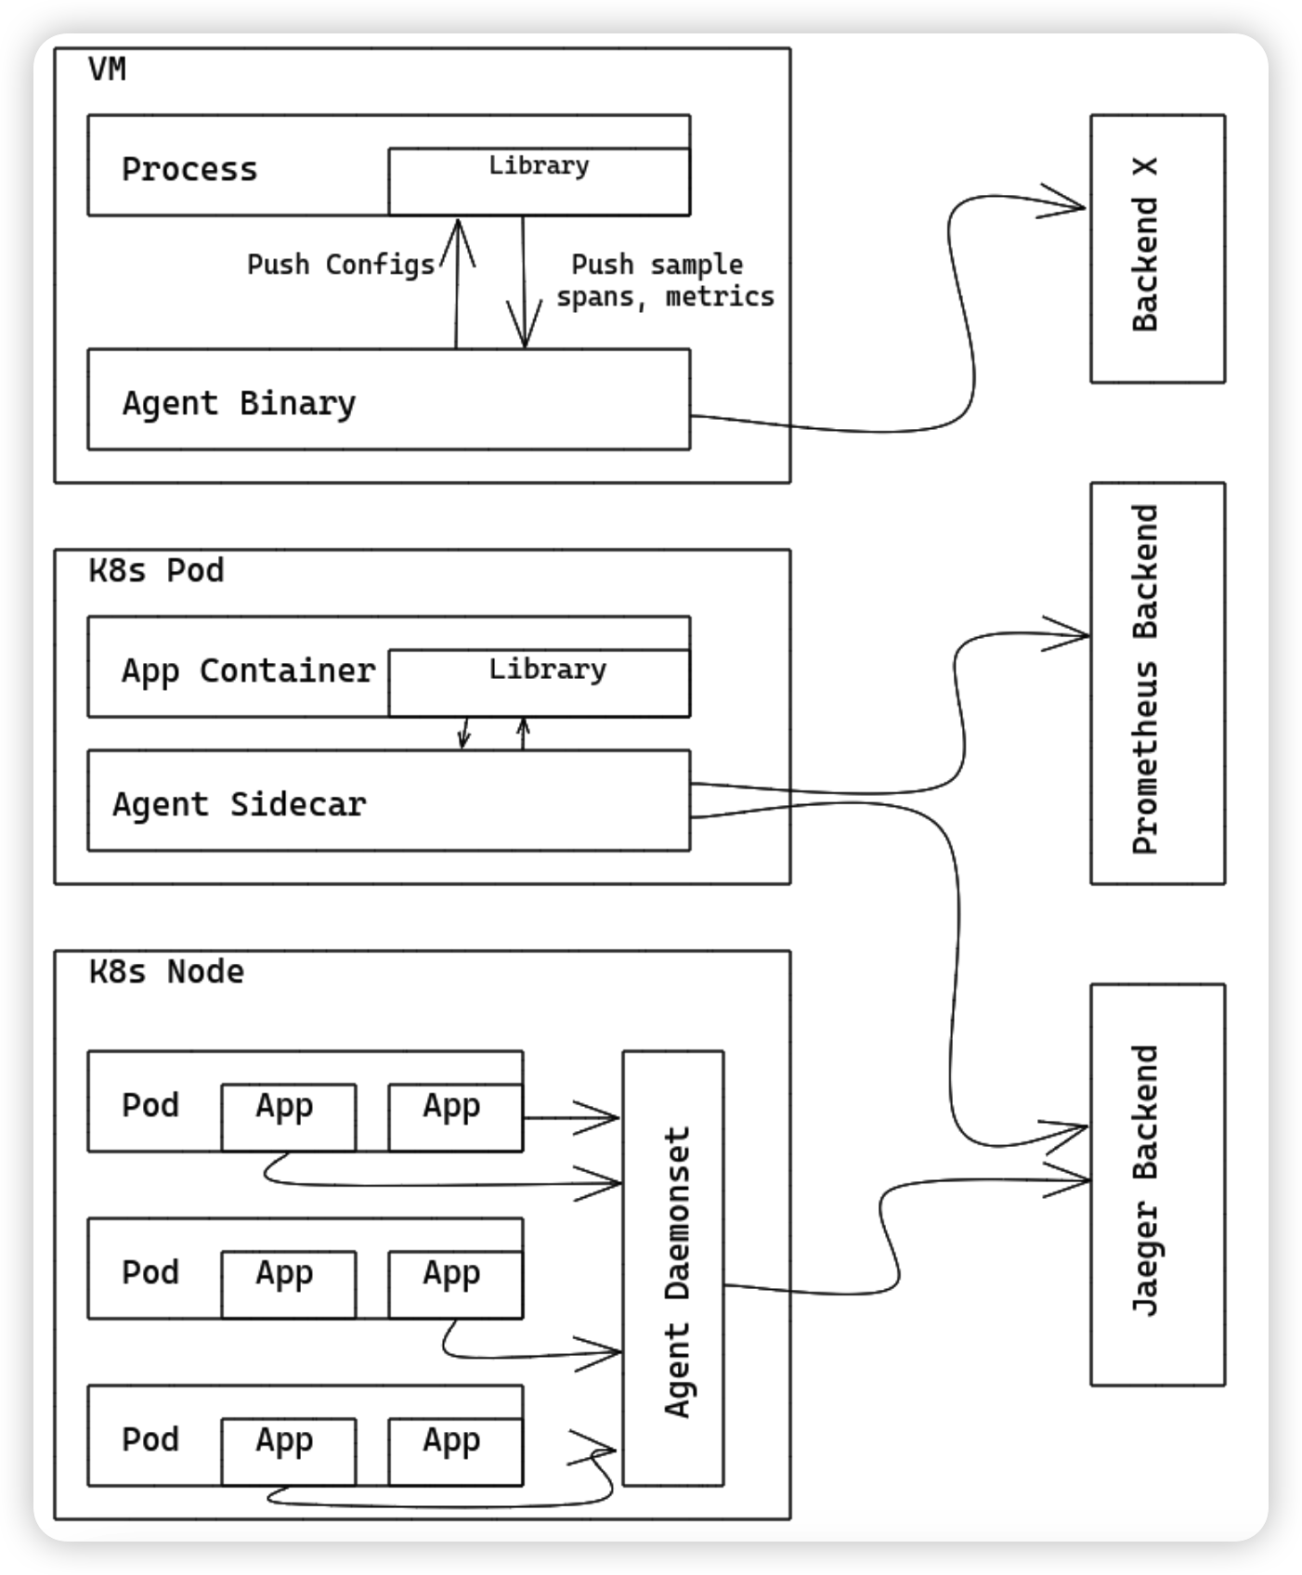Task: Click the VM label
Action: (x=107, y=71)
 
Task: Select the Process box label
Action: (x=189, y=170)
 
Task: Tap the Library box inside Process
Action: (x=539, y=181)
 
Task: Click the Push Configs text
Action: (x=341, y=266)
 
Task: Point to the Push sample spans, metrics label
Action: (x=664, y=280)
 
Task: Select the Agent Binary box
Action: (x=388, y=400)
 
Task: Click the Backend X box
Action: (x=1156, y=248)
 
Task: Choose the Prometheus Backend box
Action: (x=1156, y=683)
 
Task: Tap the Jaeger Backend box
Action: (x=1156, y=1184)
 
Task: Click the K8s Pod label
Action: (x=156, y=570)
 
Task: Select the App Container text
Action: (x=248, y=670)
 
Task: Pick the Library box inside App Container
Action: (x=539, y=683)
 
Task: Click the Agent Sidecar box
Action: (x=388, y=801)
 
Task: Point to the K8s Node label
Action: (x=166, y=972)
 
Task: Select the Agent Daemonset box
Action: (x=673, y=1268)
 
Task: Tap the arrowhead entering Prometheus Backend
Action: (x=1073, y=635)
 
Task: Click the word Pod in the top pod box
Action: (x=150, y=1105)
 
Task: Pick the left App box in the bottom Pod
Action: (x=287, y=1451)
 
